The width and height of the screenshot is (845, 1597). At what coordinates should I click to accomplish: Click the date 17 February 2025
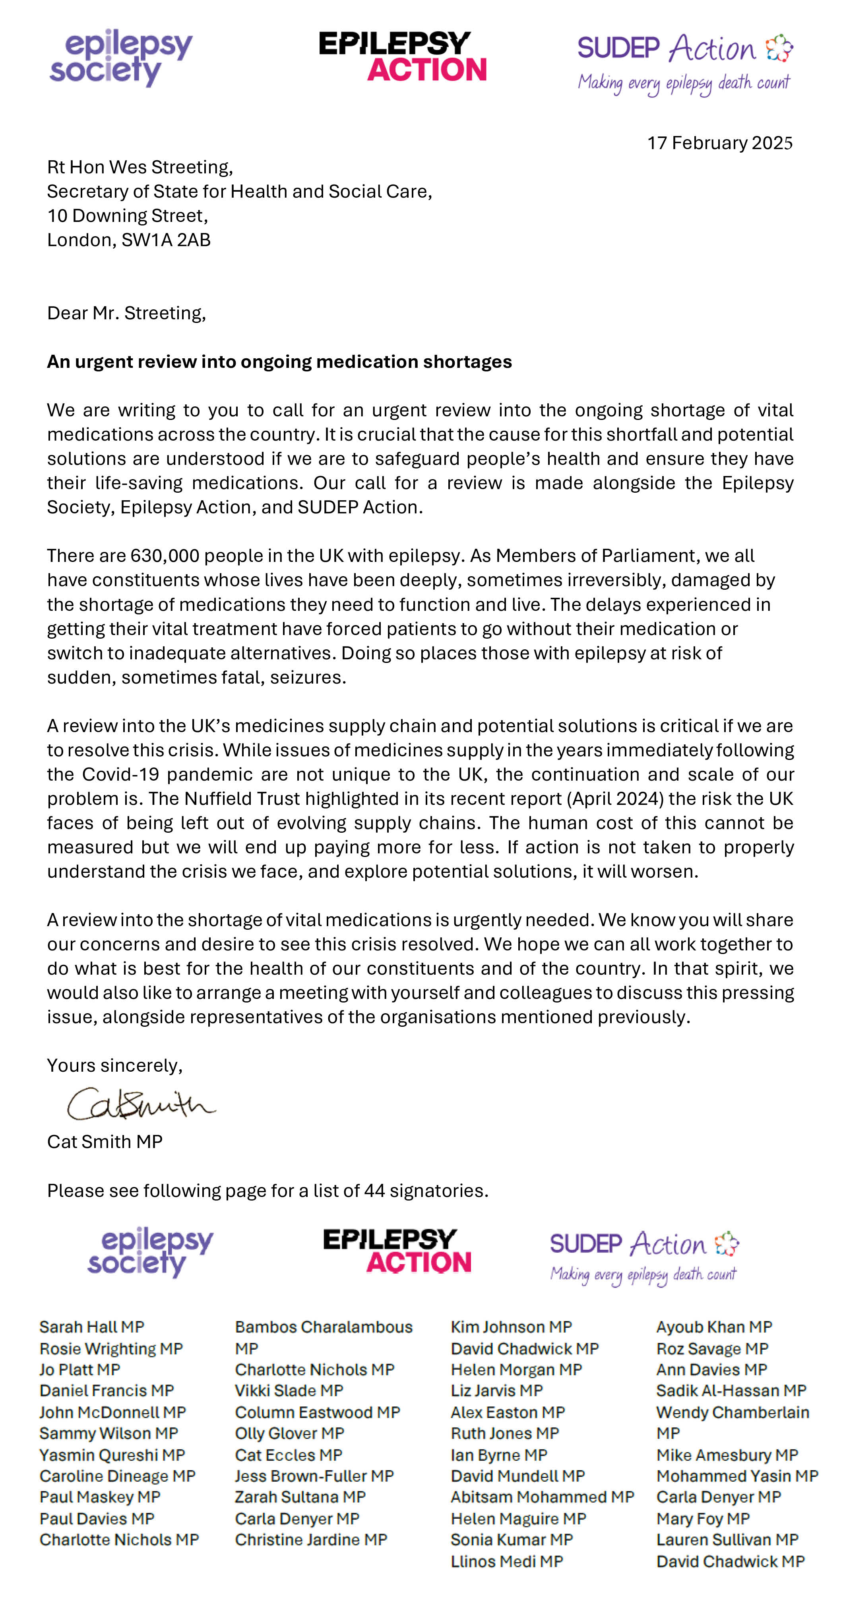pos(719,143)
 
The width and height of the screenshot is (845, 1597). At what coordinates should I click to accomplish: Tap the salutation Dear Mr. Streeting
pos(126,313)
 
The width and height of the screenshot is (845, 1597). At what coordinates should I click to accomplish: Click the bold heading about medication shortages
pos(279,361)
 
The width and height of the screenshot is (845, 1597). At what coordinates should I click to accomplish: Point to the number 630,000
pos(165,556)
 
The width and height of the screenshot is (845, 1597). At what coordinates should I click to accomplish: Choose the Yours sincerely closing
pos(114,1065)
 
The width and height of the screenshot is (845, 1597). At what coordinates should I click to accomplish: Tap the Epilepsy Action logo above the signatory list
pos(397,1251)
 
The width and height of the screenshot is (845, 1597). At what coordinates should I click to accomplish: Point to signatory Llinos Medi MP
pos(507,1561)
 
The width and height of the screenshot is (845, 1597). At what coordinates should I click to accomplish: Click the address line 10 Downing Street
pos(127,216)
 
